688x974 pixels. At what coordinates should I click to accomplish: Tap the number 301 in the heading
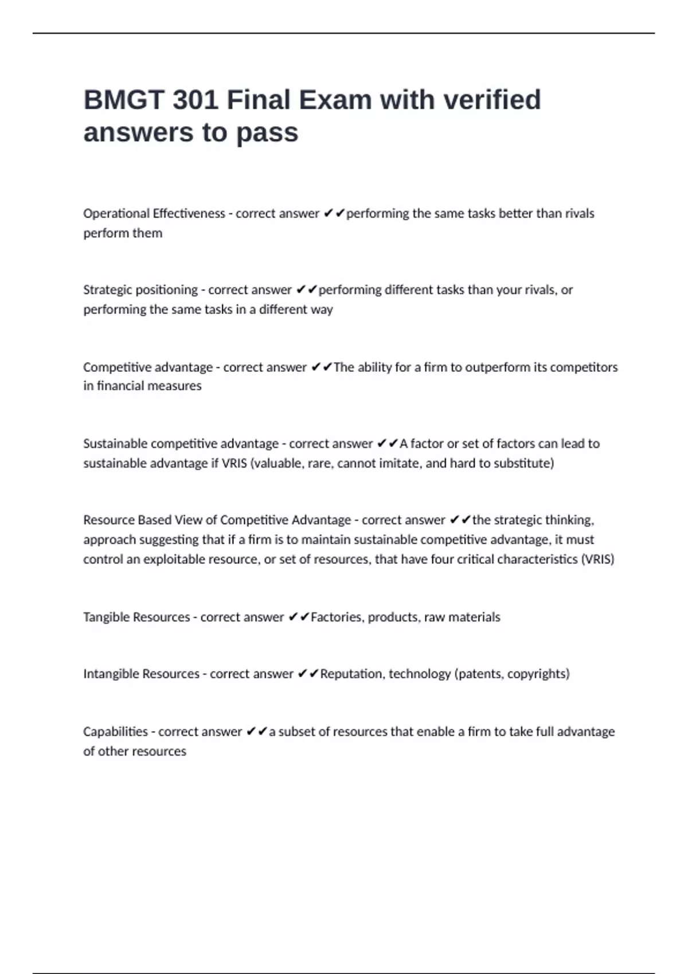pyautogui.click(x=195, y=100)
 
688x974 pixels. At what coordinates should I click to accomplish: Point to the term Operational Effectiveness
pyautogui.click(x=154, y=214)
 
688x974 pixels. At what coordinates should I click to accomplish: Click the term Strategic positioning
pyautogui.click(x=140, y=290)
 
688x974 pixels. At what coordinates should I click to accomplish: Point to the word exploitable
pyautogui.click(x=174, y=559)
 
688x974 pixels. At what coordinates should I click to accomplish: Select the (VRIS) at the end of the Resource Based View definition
pyautogui.click(x=597, y=559)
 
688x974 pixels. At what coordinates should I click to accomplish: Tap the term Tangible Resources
pyautogui.click(x=136, y=617)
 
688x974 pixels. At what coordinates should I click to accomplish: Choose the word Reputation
pyautogui.click(x=351, y=674)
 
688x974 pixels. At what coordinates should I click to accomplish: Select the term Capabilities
pyautogui.click(x=115, y=732)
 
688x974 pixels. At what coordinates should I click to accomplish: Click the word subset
pyautogui.click(x=298, y=732)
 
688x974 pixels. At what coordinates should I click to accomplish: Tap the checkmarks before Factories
pyautogui.click(x=299, y=617)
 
